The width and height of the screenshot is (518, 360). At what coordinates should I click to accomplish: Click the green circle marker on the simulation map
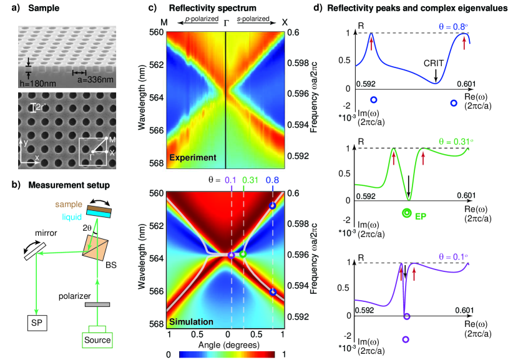[243, 255]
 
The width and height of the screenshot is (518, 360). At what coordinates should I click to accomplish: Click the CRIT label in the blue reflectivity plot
[435, 62]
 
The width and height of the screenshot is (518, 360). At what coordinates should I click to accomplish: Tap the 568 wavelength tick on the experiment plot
[157, 163]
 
